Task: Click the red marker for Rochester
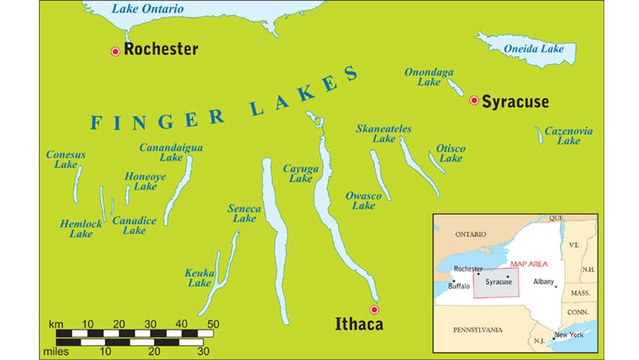[115, 51]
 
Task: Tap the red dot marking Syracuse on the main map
[474, 101]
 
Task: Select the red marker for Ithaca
[374, 309]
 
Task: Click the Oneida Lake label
[533, 49]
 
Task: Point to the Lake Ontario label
[147, 9]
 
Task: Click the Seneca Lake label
[244, 213]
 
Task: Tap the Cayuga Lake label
[301, 173]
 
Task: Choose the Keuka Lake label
[199, 278]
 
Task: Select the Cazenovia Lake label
[568, 136]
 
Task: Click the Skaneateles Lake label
[384, 133]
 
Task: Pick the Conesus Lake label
[65, 159]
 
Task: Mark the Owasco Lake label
[363, 201]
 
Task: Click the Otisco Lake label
[450, 153]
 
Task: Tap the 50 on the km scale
[213, 324]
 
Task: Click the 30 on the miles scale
[203, 351]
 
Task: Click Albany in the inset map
[544, 281]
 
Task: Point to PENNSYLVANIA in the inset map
[477, 330]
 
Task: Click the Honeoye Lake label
[145, 181]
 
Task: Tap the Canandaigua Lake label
[171, 153]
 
